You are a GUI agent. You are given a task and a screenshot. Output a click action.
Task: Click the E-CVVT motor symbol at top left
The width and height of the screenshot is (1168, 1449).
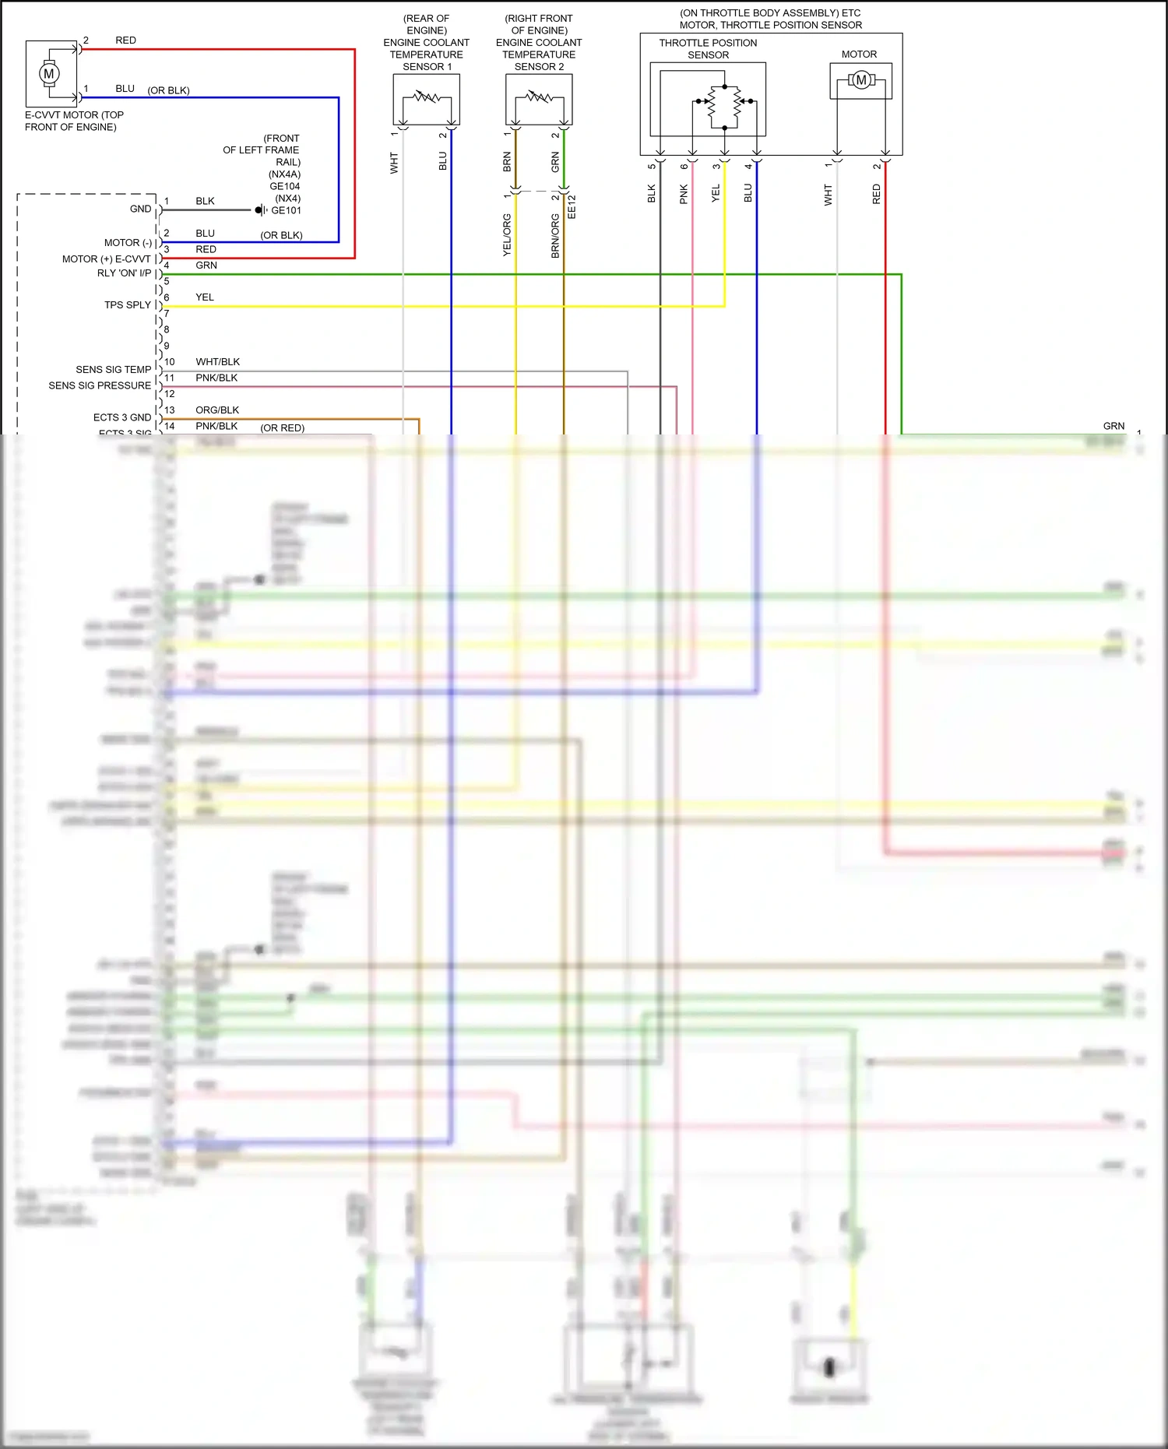(49, 74)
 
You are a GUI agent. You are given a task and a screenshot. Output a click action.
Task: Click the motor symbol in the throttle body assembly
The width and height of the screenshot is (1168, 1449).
(861, 80)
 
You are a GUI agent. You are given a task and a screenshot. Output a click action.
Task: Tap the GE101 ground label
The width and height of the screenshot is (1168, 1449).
(286, 210)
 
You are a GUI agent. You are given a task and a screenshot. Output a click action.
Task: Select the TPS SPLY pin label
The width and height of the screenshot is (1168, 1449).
(128, 305)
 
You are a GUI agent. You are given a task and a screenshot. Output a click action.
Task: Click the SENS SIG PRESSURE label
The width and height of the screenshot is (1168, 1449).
(100, 385)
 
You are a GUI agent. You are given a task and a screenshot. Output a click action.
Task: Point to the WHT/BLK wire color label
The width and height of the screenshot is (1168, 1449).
(217, 362)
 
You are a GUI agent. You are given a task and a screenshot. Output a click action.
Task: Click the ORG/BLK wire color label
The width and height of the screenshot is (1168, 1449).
(217, 410)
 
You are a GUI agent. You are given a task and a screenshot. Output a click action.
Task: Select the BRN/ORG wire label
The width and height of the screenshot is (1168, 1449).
(555, 236)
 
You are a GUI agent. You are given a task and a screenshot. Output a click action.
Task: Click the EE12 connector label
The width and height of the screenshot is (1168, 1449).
(572, 207)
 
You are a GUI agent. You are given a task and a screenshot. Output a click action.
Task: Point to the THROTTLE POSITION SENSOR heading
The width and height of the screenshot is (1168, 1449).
(708, 49)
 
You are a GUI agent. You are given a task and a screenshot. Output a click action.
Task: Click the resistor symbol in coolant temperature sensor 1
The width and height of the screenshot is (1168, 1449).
(426, 98)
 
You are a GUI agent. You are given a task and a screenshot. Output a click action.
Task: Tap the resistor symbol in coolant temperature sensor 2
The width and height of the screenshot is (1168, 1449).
(539, 98)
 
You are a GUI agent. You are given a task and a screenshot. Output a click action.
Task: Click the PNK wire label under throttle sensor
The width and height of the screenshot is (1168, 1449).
(684, 194)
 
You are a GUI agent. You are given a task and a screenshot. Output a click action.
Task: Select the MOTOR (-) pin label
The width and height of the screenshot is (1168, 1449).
(128, 243)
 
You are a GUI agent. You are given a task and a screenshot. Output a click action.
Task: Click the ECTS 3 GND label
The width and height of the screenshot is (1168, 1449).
(122, 417)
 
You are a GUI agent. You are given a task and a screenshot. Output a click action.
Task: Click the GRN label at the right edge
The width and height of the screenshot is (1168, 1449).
(1113, 426)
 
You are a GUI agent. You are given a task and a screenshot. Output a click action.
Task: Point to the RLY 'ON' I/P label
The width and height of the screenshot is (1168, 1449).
(124, 273)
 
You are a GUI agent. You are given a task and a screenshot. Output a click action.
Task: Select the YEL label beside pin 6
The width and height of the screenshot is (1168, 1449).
(205, 297)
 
